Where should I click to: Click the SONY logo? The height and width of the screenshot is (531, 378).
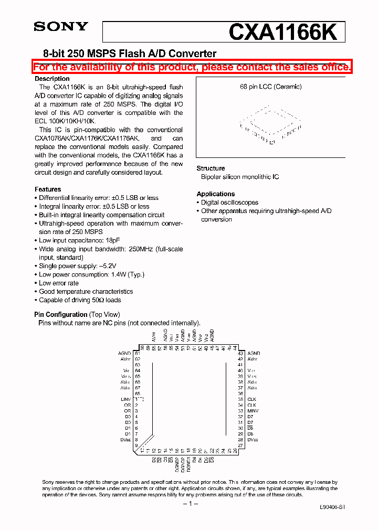pos(61,27)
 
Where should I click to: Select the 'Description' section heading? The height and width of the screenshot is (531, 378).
pos(52,79)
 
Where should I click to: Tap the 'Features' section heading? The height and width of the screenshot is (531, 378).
pos(48,189)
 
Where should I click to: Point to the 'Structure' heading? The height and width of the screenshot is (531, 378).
pos(211,168)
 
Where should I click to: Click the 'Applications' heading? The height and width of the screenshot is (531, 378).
pos(215,194)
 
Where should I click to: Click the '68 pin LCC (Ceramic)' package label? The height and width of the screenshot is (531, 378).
pos(271,87)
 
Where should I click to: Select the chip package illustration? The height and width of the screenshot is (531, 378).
pos(271,126)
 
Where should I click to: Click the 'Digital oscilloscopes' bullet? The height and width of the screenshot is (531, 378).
pos(229,203)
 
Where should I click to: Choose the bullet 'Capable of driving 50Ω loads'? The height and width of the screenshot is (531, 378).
pos(80,300)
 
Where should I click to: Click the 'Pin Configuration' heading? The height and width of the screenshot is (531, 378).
pos(61,315)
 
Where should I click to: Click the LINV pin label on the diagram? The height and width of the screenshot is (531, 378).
pos(125,399)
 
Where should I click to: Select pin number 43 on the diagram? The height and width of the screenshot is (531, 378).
pos(240,354)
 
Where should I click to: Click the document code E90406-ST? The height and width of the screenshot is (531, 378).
pos(332,508)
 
